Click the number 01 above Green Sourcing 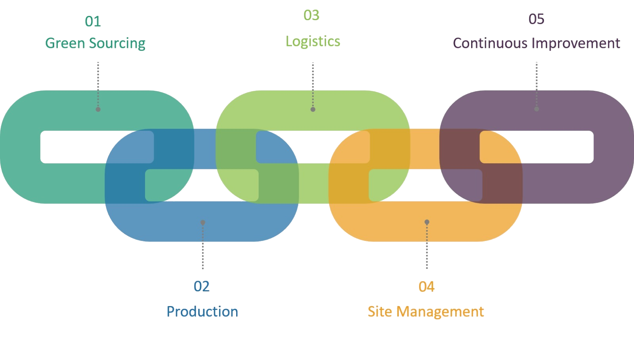coord(93,21)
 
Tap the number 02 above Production coord(201,286)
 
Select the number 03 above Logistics coord(311,15)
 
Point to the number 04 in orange coord(426,287)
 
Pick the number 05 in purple coord(536,19)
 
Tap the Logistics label coord(313,42)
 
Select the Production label coord(202,312)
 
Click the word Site coord(380,312)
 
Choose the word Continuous coord(490,43)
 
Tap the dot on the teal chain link coord(98,109)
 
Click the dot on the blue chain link coord(203,222)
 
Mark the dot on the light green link coord(313,109)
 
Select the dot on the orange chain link coord(427,222)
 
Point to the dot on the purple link coord(537,109)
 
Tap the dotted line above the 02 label coord(203,248)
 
